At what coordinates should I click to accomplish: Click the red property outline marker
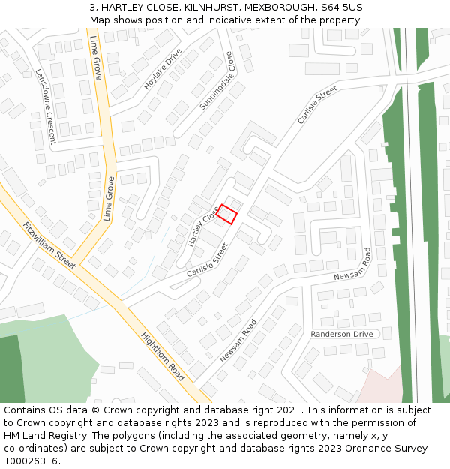[x=227, y=214]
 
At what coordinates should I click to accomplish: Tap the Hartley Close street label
[x=202, y=226]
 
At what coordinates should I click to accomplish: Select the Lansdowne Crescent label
[x=45, y=107]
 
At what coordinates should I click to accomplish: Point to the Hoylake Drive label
[x=163, y=69]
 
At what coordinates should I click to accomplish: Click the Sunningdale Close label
[x=217, y=81]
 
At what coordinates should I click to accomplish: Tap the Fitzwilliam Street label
[x=49, y=245]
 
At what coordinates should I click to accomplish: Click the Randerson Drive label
[x=341, y=334]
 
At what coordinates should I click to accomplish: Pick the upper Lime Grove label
[x=96, y=58]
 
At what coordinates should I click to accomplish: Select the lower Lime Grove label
[x=109, y=197]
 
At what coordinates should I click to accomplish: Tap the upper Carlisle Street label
[x=317, y=105]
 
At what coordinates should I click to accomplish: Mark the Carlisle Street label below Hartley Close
[x=207, y=259]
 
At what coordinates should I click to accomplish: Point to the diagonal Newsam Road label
[x=238, y=341]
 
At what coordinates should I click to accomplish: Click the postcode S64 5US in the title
[x=341, y=7]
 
